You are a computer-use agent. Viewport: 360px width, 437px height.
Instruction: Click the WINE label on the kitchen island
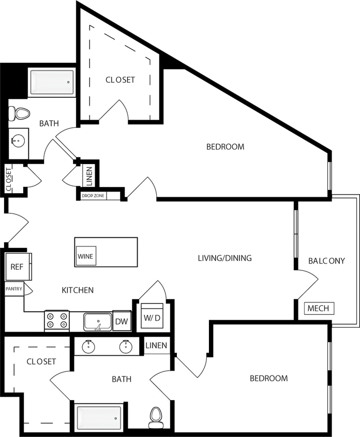click(85, 256)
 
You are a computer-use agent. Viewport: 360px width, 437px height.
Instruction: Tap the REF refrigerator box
click(18, 267)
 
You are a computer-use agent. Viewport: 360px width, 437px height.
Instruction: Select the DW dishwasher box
click(121, 321)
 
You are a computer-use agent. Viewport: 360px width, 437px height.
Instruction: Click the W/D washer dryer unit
click(152, 316)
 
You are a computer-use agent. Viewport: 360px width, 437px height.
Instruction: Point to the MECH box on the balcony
click(318, 309)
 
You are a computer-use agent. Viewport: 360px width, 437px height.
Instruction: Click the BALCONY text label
click(326, 260)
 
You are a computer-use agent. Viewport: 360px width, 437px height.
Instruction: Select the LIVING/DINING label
click(224, 258)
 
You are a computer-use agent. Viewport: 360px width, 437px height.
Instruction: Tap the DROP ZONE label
click(92, 196)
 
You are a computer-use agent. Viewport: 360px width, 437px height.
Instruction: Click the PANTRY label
click(13, 289)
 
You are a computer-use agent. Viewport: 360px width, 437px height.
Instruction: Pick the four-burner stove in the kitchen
click(57, 321)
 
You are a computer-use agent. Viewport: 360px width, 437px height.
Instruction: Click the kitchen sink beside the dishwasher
click(98, 322)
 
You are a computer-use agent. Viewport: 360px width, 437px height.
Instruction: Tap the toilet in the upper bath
click(19, 113)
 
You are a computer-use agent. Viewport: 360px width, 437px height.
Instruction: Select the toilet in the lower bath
click(156, 417)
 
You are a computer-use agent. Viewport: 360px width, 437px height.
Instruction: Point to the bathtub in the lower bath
click(98, 417)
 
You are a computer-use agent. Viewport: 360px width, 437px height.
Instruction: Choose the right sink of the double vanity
click(126, 346)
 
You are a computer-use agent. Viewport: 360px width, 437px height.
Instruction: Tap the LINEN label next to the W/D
click(156, 345)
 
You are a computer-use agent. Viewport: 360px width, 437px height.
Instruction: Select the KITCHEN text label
click(78, 290)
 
